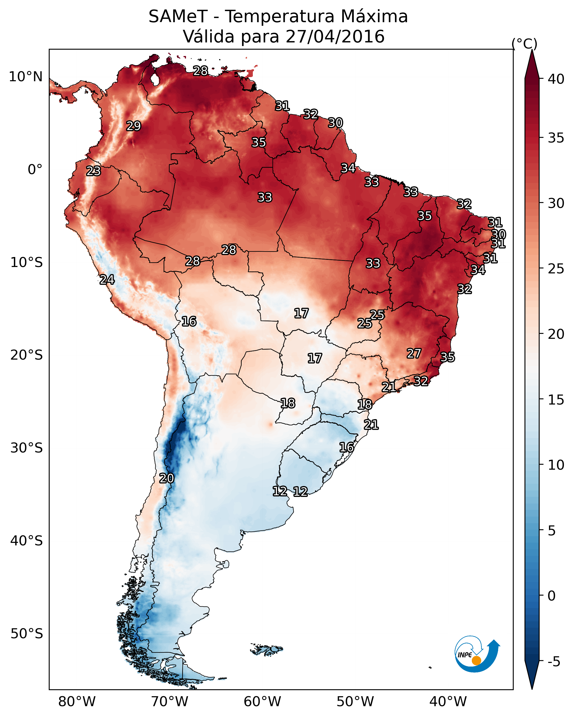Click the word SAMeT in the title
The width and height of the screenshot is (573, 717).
pos(178,17)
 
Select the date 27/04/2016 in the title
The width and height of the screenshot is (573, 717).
pos(335,37)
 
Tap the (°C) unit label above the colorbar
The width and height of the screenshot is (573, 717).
pos(524,44)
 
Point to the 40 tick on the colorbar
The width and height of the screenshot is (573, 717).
pos(556,79)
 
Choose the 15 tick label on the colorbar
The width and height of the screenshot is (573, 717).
pos(556,400)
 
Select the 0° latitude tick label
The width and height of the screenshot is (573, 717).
pos(35,170)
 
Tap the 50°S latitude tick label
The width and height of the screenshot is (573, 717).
pos(27,634)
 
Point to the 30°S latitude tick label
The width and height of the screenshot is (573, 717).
pos(27,448)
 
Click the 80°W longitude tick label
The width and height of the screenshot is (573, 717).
pos(77,701)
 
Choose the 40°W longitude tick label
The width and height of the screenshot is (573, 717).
pos(448,701)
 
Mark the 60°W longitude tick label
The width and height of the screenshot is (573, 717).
pos(263,701)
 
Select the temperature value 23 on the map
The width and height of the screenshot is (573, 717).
pos(93,171)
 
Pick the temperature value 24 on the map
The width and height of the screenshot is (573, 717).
pos(107,280)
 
